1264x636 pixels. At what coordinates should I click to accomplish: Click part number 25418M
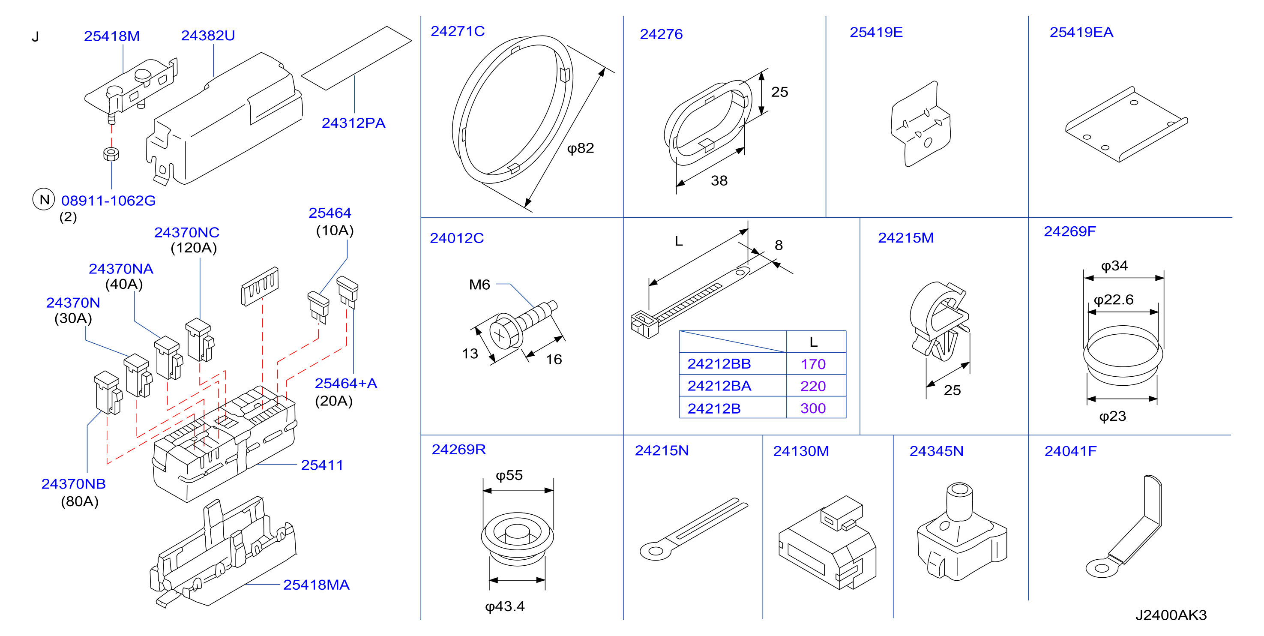[112, 36]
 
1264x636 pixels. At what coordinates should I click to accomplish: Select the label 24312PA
[353, 123]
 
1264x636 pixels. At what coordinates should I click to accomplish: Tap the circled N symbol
[44, 199]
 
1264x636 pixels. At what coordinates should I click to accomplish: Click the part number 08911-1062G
[108, 201]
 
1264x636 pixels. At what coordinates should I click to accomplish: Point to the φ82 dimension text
[581, 148]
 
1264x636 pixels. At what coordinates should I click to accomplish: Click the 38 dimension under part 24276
[719, 181]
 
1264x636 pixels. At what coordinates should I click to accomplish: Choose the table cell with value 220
[813, 386]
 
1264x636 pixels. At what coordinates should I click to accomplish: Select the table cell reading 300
[813, 408]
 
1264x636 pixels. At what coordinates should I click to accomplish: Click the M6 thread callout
[479, 285]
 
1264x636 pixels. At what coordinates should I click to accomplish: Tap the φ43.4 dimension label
[505, 606]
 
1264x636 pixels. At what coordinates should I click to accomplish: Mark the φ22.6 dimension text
[1114, 299]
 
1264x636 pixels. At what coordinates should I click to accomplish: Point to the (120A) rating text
[194, 248]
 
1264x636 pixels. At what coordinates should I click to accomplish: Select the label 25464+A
[346, 383]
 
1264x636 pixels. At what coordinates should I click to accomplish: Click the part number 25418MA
[317, 585]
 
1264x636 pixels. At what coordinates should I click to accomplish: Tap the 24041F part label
[1070, 451]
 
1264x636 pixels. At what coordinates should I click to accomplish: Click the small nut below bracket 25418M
[111, 153]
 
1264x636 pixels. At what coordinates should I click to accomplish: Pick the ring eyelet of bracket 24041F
[1102, 568]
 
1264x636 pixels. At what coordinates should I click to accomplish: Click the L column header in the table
[814, 342]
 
